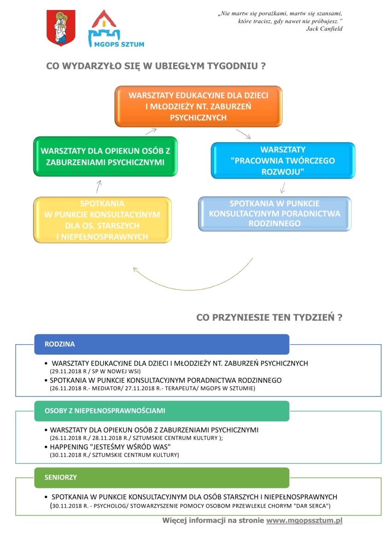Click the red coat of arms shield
click(61, 28)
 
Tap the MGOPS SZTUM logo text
click(119, 45)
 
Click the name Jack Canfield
click(324, 29)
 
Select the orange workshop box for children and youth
click(198, 106)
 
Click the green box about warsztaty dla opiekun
click(105, 156)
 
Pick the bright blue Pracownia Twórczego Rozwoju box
click(283, 160)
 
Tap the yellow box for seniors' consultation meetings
click(102, 220)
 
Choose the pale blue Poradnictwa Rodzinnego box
click(275, 214)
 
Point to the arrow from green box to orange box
click(151, 132)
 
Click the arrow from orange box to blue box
click(243, 134)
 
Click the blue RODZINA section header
click(162, 344)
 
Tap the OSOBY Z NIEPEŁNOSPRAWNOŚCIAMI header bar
click(162, 411)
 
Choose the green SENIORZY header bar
click(162, 477)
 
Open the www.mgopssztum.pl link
click(304, 521)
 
